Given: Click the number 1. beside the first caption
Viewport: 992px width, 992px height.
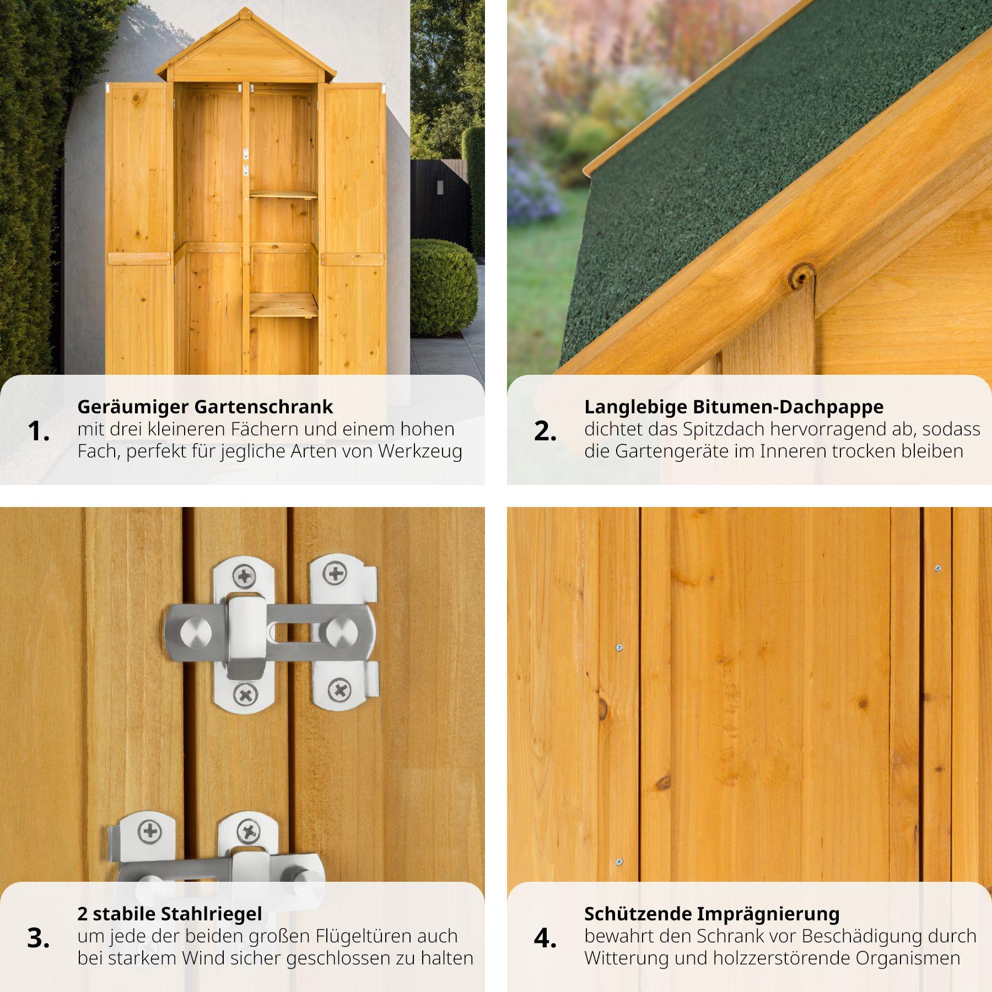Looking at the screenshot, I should click(x=38, y=431).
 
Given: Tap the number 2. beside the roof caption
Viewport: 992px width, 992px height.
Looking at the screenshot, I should click(x=545, y=431).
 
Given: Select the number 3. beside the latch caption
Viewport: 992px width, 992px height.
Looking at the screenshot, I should click(x=38, y=938).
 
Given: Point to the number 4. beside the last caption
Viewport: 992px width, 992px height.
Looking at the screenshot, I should click(x=545, y=938).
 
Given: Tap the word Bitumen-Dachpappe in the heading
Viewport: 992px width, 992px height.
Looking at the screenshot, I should click(x=788, y=407).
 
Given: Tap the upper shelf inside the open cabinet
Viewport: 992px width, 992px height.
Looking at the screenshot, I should click(x=283, y=194).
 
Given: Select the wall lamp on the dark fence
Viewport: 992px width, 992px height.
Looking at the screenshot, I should click(x=440, y=187).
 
